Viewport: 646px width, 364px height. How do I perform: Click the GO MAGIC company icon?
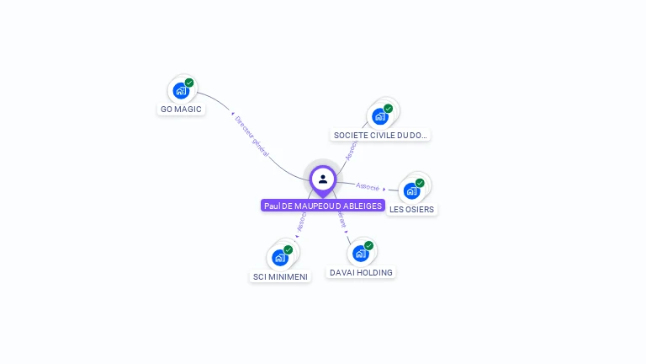coord(180,90)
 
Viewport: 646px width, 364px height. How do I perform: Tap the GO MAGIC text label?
coord(182,110)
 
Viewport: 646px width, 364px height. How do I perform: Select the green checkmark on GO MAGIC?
coord(189,83)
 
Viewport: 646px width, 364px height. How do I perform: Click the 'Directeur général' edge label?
coord(252,136)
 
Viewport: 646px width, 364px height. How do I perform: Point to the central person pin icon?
coord(323,179)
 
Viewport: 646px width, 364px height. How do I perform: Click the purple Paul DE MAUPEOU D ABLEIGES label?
coord(323,206)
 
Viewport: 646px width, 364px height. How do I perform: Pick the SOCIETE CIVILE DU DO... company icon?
coord(379,116)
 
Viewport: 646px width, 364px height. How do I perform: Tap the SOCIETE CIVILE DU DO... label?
coord(380,135)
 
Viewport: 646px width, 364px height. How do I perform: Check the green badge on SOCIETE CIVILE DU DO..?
coord(389,109)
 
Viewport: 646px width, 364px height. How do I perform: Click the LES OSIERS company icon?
coord(411,190)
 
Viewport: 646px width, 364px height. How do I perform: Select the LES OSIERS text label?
coord(412,209)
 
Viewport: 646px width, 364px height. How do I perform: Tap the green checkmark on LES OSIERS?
coord(420,183)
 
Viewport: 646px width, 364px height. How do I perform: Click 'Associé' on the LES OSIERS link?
coord(368,186)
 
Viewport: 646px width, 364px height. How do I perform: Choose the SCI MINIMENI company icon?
coord(279,257)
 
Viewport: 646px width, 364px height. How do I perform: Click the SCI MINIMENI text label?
coord(281,276)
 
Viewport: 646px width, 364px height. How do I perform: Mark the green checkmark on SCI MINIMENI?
coord(289,250)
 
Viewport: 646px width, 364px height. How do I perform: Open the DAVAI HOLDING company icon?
coord(360,253)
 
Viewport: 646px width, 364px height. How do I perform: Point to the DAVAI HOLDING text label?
coord(361,272)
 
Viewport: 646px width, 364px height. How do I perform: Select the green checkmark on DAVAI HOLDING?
coord(368,246)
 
